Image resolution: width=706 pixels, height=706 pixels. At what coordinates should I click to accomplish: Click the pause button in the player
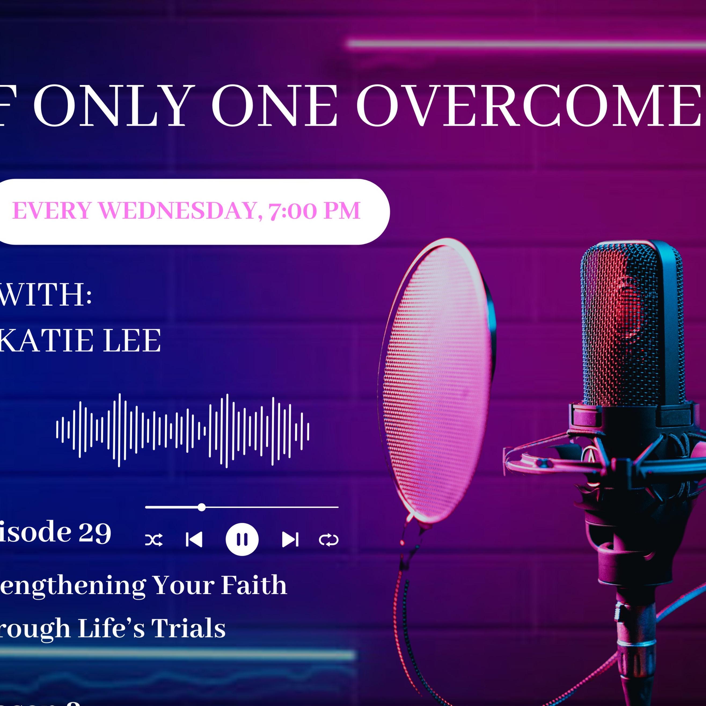242,539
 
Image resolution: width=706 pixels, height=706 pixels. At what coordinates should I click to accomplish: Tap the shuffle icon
154,540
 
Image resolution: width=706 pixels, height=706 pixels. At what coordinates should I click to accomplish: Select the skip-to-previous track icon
194,540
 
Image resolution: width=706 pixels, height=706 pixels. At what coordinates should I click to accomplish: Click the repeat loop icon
328,540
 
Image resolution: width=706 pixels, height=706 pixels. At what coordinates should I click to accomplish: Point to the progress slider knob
201,507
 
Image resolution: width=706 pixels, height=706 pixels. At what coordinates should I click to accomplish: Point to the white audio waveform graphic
183,430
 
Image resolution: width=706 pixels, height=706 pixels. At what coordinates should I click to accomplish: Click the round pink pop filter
437,380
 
